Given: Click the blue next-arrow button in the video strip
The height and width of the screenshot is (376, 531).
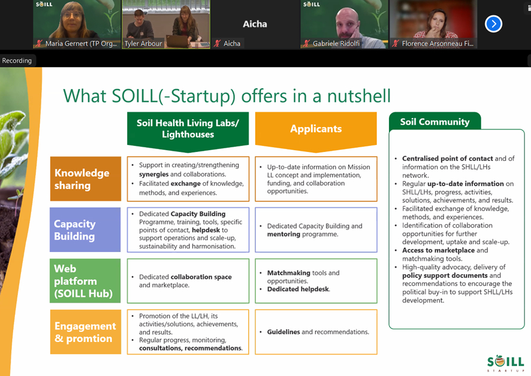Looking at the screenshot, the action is point(493,24).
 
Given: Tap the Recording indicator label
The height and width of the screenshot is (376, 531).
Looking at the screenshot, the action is point(17,60).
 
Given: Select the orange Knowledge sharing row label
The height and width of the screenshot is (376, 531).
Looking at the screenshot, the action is point(86,179).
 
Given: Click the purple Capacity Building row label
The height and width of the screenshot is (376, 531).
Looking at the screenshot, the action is point(85,230).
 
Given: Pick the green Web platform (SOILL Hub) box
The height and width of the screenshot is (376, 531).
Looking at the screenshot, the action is point(85,281).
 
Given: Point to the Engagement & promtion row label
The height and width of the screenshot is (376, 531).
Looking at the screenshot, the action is point(86,332).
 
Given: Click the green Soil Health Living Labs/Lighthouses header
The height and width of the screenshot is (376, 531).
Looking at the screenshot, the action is point(188,131).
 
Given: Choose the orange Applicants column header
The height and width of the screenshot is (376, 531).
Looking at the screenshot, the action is point(316,131).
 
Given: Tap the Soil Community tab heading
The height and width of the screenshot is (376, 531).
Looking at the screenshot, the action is point(435,122).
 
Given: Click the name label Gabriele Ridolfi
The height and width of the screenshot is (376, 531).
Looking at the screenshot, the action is point(336,43).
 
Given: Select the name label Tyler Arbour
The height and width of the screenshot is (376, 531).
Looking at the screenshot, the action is point(143,43).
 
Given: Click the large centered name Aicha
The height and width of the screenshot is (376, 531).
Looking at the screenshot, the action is point(255,24).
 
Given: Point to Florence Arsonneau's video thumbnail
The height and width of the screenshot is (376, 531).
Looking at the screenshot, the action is point(433,24).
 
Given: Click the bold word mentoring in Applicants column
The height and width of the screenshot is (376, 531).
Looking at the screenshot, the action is point(284,234).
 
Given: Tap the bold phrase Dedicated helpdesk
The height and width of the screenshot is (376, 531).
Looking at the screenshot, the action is point(298,289).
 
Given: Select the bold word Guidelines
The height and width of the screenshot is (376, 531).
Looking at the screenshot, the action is point(283,332).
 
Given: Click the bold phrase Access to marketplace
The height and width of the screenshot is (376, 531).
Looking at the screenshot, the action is point(439,250).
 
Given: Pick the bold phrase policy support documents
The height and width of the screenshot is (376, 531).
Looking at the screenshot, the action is point(445,275).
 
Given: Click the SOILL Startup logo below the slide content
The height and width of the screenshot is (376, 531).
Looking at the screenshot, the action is point(506,363).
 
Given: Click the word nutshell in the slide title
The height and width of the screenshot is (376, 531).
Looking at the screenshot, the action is point(359,96).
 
